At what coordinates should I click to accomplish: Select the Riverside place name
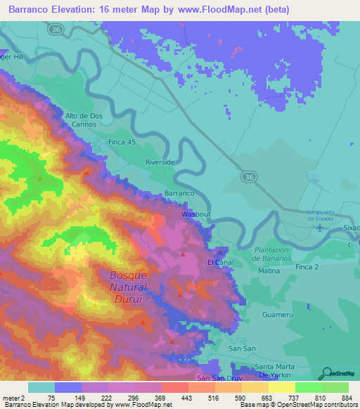coord(160,162)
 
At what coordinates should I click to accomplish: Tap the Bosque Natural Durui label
coord(128,287)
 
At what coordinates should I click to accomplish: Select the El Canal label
coord(219,262)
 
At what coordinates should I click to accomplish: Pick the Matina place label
coord(269,271)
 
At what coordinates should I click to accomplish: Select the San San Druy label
coord(219,378)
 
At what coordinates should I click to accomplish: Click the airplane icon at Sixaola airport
coord(321,227)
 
